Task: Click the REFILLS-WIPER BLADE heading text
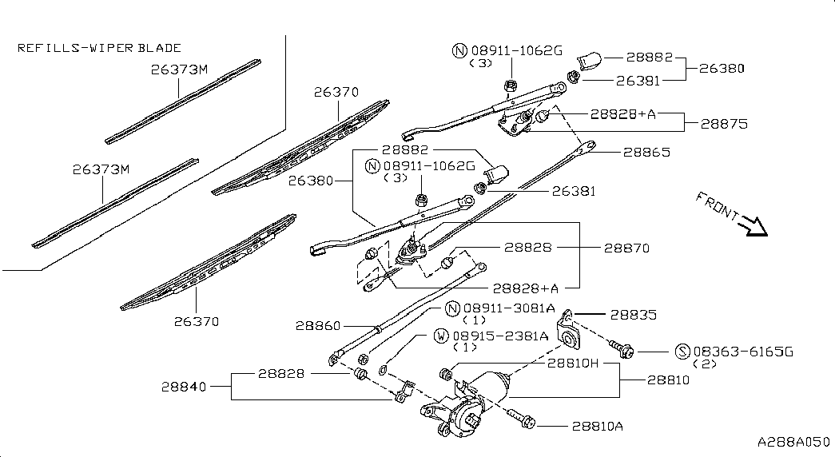tap(99, 48)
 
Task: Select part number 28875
tap(723, 124)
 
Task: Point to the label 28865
tap(646, 152)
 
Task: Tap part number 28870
tap(626, 248)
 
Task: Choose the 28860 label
tap(318, 326)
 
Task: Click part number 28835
tap(634, 316)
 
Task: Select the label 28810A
tap(596, 426)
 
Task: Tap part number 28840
tap(184, 387)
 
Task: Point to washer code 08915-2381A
tap(501, 336)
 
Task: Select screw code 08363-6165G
tap(743, 352)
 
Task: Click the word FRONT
tap(717, 205)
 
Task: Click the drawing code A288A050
tap(794, 442)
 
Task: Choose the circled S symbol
tap(682, 352)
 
